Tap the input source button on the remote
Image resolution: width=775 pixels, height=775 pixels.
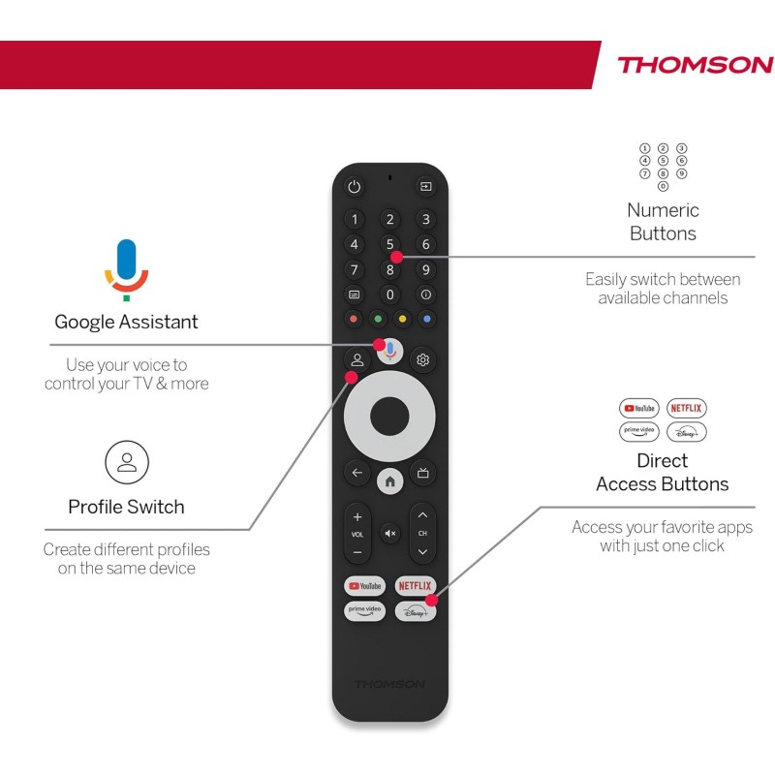coord(425,186)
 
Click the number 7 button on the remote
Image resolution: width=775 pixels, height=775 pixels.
coord(355,270)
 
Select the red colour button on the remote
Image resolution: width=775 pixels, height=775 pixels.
coord(355,319)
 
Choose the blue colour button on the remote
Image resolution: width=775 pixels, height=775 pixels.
coord(426,319)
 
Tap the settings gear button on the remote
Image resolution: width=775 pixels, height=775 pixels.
coord(422,359)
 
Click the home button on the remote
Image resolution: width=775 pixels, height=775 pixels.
coord(389,480)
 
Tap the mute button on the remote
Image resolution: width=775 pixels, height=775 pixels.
coord(389,533)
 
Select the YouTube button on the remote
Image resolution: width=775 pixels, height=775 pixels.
coord(365,585)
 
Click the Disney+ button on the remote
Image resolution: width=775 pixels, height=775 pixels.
coord(415,610)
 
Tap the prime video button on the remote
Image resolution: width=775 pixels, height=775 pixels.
coord(365,610)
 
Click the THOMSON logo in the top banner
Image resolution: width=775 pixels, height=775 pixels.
coord(695,66)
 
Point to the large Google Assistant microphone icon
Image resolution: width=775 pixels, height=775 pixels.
coord(127,267)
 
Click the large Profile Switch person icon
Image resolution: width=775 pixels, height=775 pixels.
coord(127,462)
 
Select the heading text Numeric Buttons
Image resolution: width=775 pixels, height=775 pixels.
coord(663,222)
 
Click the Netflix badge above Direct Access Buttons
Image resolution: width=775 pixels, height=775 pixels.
coord(686,408)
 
